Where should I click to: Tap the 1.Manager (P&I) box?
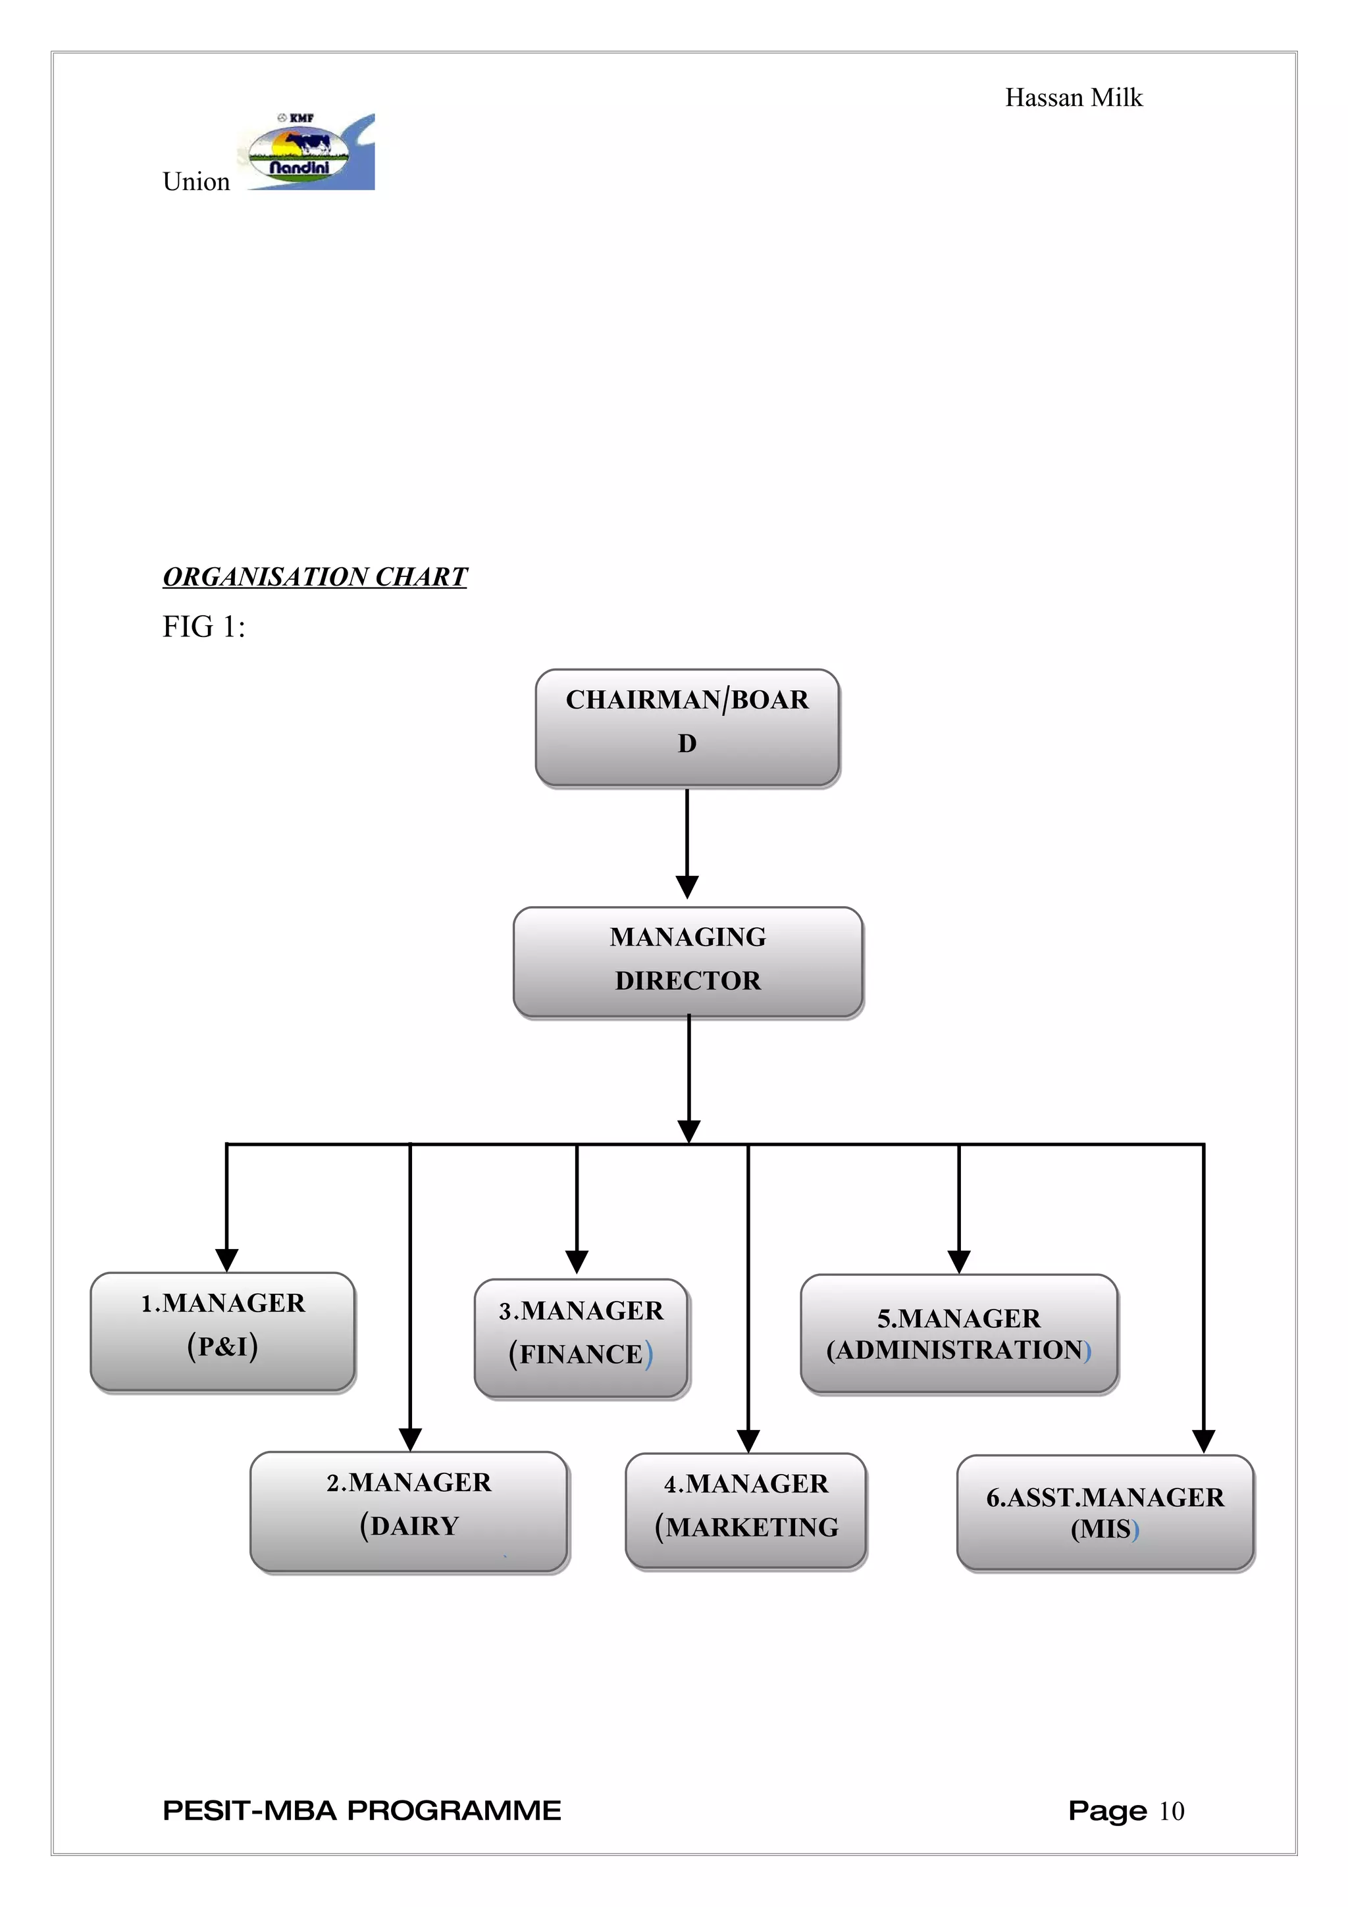click(x=222, y=1331)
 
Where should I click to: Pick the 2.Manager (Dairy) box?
click(x=409, y=1511)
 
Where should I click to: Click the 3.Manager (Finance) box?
click(x=581, y=1338)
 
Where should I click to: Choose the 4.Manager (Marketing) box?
click(x=746, y=1511)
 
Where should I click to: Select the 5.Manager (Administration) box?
click(x=958, y=1333)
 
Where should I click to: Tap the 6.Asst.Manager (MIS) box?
click(x=1104, y=1512)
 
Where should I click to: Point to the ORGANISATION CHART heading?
click(x=315, y=576)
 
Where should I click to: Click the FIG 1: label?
click(x=203, y=627)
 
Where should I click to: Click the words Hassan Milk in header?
click(x=1073, y=98)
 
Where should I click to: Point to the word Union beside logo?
click(x=196, y=182)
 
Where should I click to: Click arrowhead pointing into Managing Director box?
click(x=687, y=886)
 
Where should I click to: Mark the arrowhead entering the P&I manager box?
click(x=226, y=1259)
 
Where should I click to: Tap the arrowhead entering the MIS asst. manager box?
click(x=1203, y=1441)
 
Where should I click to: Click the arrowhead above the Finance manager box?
click(x=577, y=1261)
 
